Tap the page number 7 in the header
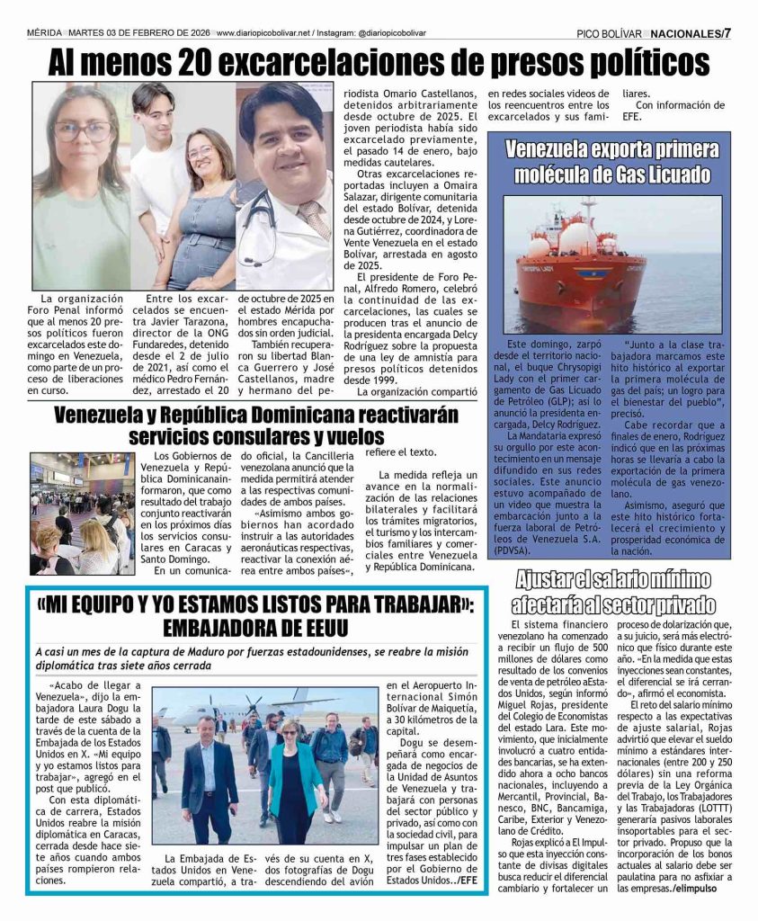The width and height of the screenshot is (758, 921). click(x=727, y=33)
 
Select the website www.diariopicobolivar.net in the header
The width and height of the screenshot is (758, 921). click(x=263, y=32)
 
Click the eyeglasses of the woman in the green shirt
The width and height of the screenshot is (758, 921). click(x=81, y=130)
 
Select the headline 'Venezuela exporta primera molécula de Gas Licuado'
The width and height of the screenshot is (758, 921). click(x=608, y=162)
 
